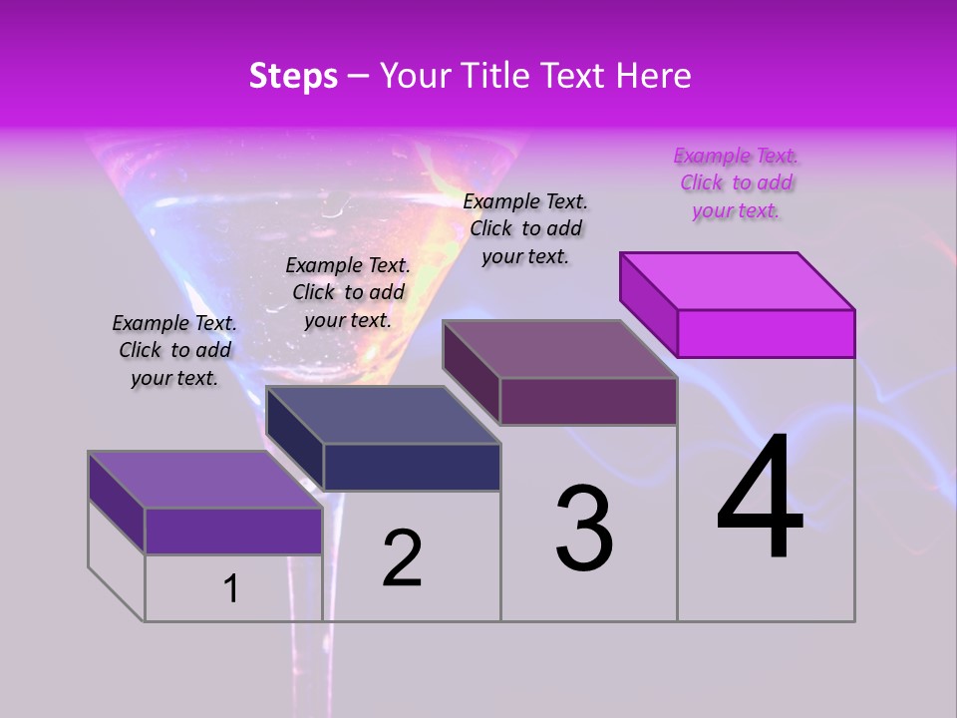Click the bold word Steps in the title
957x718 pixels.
tap(293, 76)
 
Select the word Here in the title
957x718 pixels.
tap(654, 76)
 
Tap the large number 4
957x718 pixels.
tap(760, 499)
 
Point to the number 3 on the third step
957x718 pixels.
tap(584, 529)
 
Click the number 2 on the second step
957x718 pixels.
tap(402, 558)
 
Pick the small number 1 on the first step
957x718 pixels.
tap(231, 588)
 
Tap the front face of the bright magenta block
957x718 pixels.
tap(766, 333)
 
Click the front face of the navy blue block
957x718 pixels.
tap(412, 467)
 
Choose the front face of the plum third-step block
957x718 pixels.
tap(588, 401)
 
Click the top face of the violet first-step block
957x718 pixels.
tap(205, 480)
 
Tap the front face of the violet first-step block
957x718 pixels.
tap(233, 531)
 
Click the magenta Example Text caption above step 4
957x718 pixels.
tap(736, 182)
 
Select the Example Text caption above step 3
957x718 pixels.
tap(525, 228)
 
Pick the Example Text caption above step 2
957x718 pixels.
tap(348, 292)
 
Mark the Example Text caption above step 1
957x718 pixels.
tap(174, 350)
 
